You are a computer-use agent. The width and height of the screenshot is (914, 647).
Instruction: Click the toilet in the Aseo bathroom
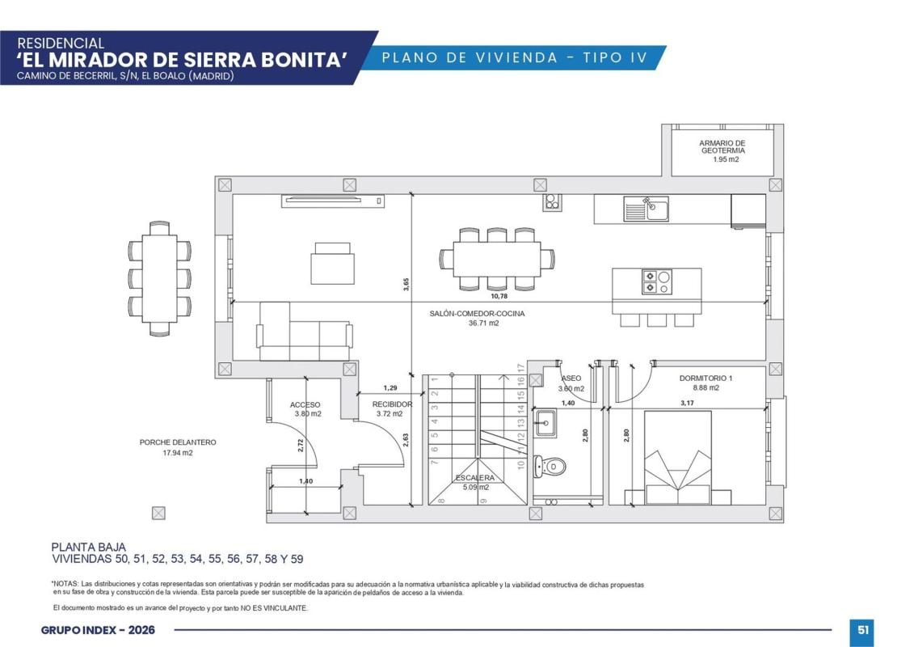pos(549,467)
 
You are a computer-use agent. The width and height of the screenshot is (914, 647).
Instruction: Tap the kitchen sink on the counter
pos(646,209)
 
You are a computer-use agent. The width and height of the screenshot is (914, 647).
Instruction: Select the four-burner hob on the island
pos(656,281)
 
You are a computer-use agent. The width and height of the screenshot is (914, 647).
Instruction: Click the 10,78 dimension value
pos(499,296)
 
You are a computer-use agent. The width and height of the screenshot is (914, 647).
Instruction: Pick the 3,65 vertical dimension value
pos(406,284)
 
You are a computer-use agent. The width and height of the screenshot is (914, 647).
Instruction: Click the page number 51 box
pos(863,630)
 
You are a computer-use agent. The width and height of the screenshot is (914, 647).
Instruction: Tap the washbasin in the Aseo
pos(545,423)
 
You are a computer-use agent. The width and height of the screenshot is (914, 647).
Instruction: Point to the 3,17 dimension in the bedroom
pos(687,403)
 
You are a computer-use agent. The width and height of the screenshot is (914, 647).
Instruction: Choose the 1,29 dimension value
pos(390,388)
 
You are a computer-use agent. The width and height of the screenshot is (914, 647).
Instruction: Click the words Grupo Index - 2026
pos(98,630)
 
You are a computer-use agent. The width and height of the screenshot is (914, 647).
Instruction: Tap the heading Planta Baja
pos(89,548)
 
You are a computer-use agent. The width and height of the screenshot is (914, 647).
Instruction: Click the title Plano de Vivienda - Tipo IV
pos(515,57)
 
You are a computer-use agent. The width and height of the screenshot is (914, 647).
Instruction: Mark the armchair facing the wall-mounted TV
pos(332,263)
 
